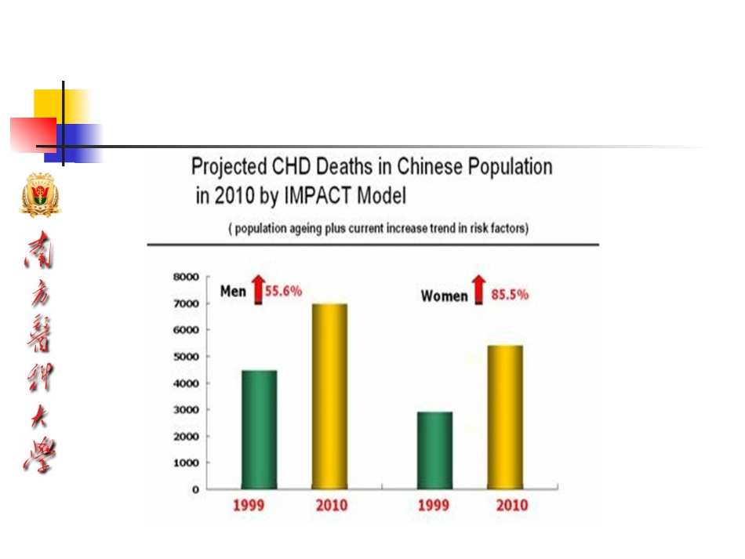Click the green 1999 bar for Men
coord(260,430)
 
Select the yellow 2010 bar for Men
coord(329,396)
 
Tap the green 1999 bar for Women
coord(434,450)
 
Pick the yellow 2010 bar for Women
coord(505,417)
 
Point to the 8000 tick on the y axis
coord(187,277)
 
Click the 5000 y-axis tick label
coord(187,357)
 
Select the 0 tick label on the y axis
coord(195,489)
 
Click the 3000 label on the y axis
coord(187,410)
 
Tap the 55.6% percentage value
coord(283,291)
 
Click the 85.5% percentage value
coord(510,295)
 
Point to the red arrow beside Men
coord(258,289)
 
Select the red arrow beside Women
coord(479,289)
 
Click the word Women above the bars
coord(444,296)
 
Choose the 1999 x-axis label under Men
coord(249,505)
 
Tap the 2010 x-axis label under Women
coord(512,505)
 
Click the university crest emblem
coord(40,194)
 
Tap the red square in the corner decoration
coord(33,135)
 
